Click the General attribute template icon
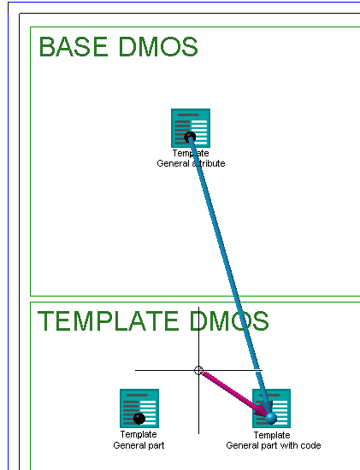[x=191, y=128]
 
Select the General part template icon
[x=139, y=408]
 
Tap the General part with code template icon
[x=272, y=408]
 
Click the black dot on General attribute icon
[x=190, y=138]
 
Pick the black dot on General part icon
[x=139, y=418]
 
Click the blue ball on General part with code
[x=271, y=418]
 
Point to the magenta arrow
[x=234, y=394]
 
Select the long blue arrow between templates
[x=230, y=275]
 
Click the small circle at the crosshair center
[x=198, y=371]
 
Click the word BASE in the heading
[x=74, y=47]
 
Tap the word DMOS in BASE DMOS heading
[x=158, y=47]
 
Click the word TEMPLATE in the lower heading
[x=108, y=320]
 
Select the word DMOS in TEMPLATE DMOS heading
[x=229, y=320]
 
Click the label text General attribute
[x=191, y=163]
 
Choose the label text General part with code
[x=274, y=445]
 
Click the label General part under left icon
[x=139, y=445]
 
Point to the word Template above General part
[x=139, y=434]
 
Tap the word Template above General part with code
[x=272, y=435]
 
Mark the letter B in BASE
[x=46, y=47]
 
